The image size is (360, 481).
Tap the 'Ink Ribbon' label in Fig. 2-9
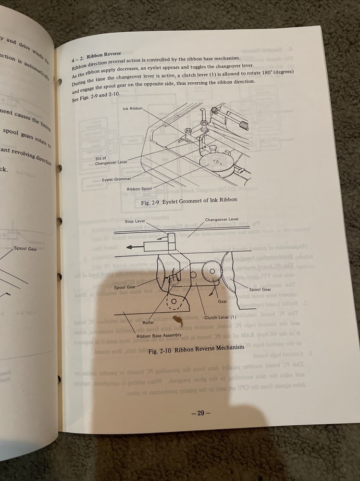pos(133,109)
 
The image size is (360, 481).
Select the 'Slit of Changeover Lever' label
pos(111,160)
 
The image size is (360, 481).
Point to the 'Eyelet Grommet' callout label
pos(116,179)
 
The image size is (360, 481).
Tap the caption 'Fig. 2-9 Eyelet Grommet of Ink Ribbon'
pos(189,203)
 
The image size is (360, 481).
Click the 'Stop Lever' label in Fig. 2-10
pos(135,221)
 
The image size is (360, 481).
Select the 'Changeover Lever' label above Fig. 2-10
pos(222,219)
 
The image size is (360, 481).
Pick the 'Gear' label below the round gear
pos(223,302)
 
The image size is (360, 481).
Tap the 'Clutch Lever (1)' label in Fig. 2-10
pos(221,317)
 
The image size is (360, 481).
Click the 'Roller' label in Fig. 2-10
pos(148,323)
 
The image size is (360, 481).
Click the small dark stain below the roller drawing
pos(178,318)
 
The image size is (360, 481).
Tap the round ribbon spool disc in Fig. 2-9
pos(216,162)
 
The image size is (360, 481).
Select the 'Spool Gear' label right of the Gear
pos(260,289)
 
